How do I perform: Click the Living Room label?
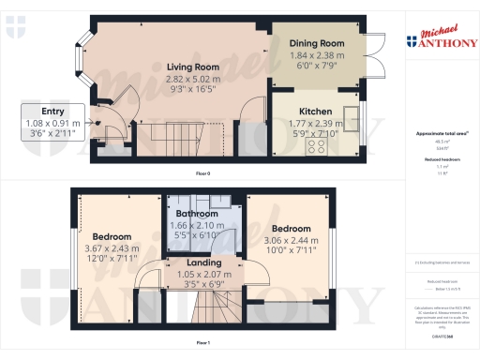pos(193,67)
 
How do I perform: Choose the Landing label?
pos(203,262)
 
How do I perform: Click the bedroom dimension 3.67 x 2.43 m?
pos(111,247)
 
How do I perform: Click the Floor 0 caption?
pos(202,174)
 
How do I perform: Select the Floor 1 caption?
pos(202,344)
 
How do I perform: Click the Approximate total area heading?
pos(441,133)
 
